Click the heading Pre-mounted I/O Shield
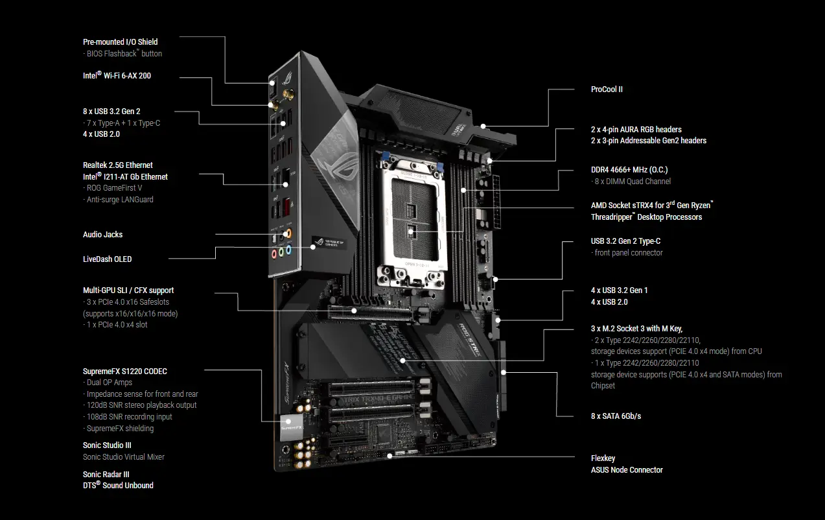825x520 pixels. tap(120, 42)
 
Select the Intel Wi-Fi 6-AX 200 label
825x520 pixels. tap(117, 76)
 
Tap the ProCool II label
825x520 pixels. tap(607, 89)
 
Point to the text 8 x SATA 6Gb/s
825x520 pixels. tap(616, 416)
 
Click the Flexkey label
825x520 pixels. tap(603, 458)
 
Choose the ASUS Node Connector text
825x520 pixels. tap(627, 470)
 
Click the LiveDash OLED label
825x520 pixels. tap(107, 259)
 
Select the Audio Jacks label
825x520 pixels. tap(102, 235)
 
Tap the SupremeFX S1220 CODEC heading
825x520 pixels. tap(124, 372)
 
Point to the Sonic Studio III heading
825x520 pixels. tap(107, 445)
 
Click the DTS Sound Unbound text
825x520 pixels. tap(118, 485)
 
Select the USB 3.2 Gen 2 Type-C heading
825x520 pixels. tap(625, 241)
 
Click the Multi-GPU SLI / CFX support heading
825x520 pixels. tap(128, 290)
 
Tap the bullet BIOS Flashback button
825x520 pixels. tap(124, 54)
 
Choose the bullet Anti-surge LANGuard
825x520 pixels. tap(119, 200)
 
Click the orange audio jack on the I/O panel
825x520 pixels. tap(288, 233)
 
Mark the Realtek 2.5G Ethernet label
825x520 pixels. tap(118, 165)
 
